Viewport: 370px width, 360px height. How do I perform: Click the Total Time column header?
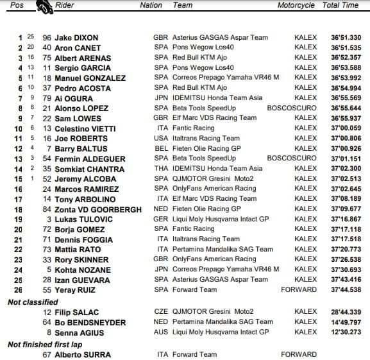point(341,5)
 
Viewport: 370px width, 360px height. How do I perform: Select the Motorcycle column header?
point(296,5)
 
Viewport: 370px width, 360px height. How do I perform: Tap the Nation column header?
point(151,5)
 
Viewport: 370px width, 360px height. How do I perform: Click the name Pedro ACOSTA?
point(81,88)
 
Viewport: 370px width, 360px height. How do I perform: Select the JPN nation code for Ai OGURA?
point(161,98)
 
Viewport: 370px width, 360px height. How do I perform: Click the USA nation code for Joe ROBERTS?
point(161,139)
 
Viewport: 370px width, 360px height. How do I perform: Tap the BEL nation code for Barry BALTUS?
point(161,149)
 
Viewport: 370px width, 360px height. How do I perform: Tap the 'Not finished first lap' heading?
point(40,345)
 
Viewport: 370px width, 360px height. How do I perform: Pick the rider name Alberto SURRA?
point(83,355)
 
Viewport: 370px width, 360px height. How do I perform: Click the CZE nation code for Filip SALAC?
point(161,313)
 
